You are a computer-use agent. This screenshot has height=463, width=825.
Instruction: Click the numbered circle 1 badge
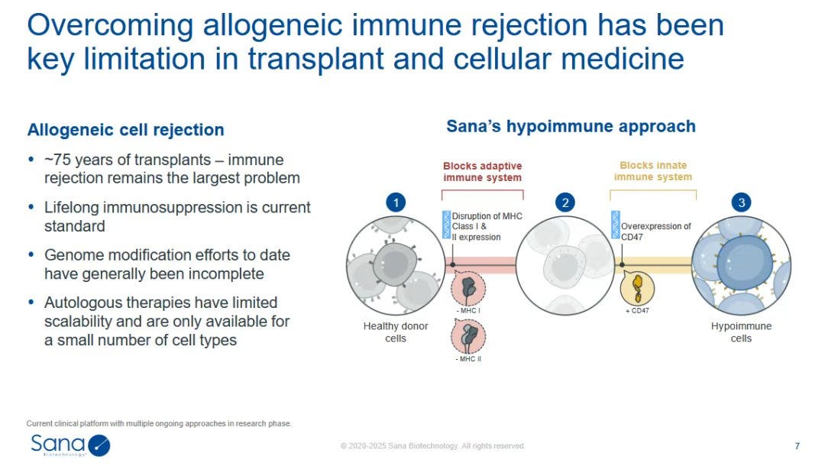[396, 202]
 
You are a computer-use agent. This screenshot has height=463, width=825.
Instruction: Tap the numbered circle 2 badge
[565, 202]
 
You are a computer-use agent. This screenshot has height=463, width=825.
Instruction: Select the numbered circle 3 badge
[741, 202]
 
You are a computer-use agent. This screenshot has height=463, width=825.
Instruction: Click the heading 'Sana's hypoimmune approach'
[571, 126]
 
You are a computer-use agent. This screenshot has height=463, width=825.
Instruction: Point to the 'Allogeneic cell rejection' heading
[126, 129]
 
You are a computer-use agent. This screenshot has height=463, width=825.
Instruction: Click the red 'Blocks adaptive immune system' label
[483, 171]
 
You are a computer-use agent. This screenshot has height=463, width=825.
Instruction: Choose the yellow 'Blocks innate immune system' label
[653, 171]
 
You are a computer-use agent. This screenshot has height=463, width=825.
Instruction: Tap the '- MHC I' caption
[467, 310]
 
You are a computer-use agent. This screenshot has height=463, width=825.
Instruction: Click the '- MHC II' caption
[468, 359]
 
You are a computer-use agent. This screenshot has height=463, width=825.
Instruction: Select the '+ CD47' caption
[637, 310]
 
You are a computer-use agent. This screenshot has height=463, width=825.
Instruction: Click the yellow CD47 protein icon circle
[637, 288]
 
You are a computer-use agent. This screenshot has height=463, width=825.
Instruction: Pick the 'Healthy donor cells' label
[396, 332]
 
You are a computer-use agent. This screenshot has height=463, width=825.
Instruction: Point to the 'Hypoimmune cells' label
[741, 332]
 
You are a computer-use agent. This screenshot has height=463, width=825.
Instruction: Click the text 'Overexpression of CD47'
[656, 231]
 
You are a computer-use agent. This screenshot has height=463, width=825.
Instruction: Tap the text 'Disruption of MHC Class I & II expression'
[487, 226]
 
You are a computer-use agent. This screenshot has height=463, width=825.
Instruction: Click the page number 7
[797, 445]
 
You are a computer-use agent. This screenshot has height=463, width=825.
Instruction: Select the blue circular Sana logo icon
[99, 445]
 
